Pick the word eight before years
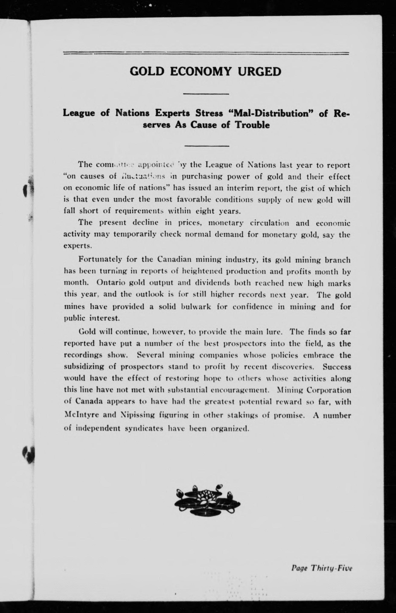click(x=205, y=211)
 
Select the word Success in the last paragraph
click(x=337, y=367)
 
